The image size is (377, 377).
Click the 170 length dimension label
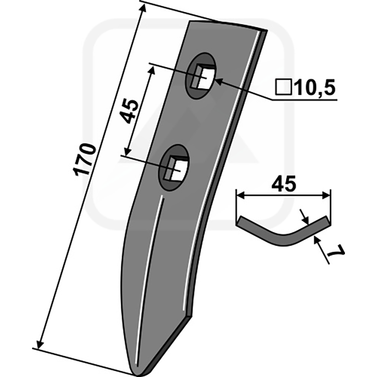[x=85, y=160]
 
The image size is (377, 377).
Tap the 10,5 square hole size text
[x=315, y=87]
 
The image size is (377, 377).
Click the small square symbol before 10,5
[x=284, y=87]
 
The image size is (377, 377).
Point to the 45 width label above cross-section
[x=284, y=184]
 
